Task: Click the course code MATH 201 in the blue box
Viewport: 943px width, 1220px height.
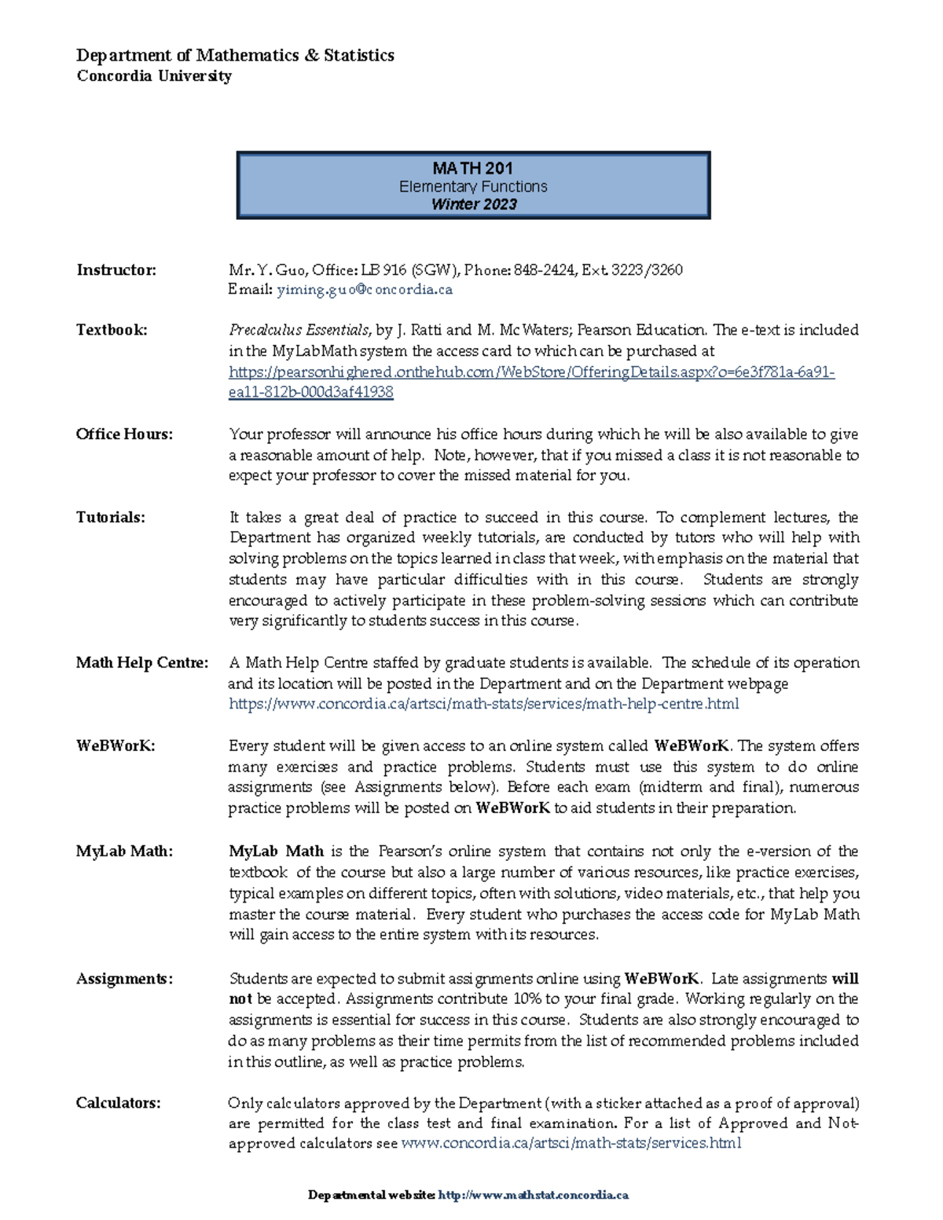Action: click(x=473, y=168)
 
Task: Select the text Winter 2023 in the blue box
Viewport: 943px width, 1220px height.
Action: click(x=474, y=204)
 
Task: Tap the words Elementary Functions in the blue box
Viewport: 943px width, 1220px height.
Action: click(x=473, y=186)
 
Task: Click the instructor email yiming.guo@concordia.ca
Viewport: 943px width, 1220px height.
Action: click(x=365, y=289)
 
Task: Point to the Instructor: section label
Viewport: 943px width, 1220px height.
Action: click(x=116, y=270)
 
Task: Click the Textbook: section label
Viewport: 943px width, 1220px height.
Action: click(x=112, y=330)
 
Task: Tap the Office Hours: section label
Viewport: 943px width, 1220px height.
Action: click(x=124, y=434)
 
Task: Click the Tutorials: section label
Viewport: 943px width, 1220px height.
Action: click(x=111, y=518)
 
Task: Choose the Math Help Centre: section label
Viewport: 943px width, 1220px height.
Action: click(x=142, y=663)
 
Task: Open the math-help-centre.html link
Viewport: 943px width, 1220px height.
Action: click(x=483, y=704)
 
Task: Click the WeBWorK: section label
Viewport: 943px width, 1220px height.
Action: click(x=116, y=746)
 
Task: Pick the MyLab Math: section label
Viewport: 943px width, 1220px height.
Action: click(x=124, y=852)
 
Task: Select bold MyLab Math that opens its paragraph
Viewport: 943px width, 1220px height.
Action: click(x=276, y=852)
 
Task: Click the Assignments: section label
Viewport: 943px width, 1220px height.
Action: click(x=124, y=979)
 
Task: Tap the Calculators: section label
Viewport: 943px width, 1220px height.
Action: click(x=118, y=1103)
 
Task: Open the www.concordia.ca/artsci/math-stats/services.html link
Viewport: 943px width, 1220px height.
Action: click(x=571, y=1143)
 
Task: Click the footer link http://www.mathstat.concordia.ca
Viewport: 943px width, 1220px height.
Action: click(x=533, y=1195)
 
